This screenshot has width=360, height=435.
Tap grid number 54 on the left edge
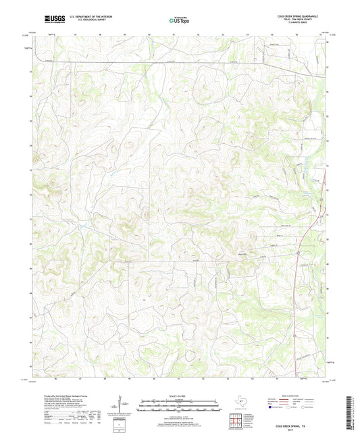(30, 145)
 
